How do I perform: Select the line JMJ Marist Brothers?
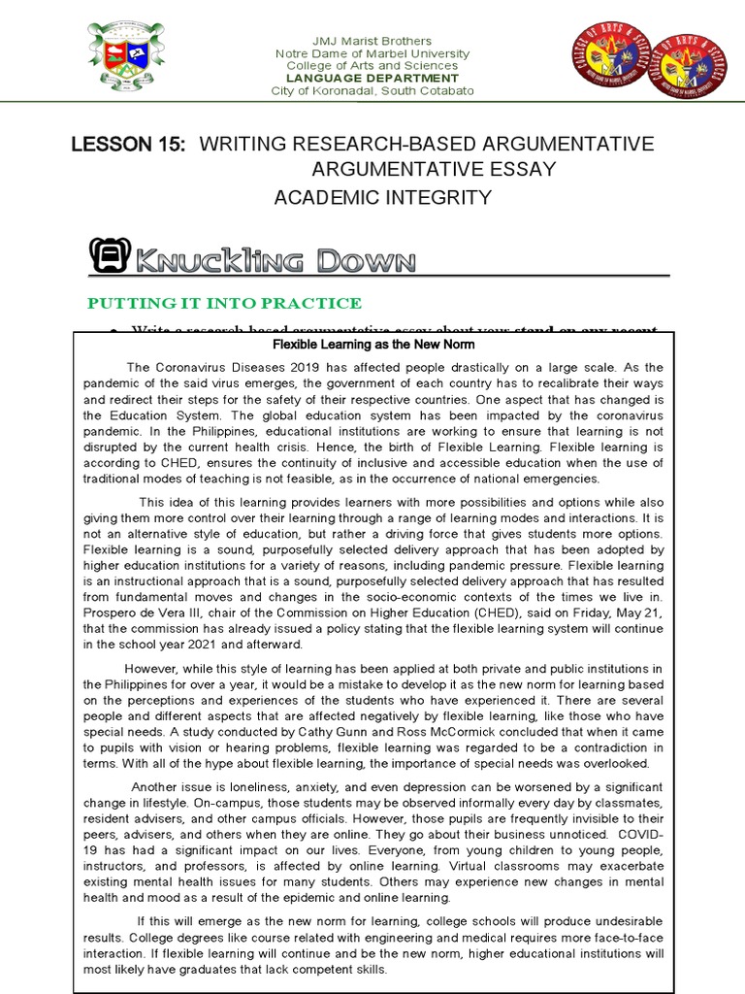(372, 41)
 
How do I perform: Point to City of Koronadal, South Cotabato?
(372, 90)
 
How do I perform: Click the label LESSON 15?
(128, 145)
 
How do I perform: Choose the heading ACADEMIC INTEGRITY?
(382, 198)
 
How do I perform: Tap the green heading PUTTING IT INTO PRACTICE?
(225, 304)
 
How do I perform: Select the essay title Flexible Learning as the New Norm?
(372, 345)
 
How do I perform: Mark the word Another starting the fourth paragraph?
(156, 786)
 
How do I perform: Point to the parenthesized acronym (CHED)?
(488, 612)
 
